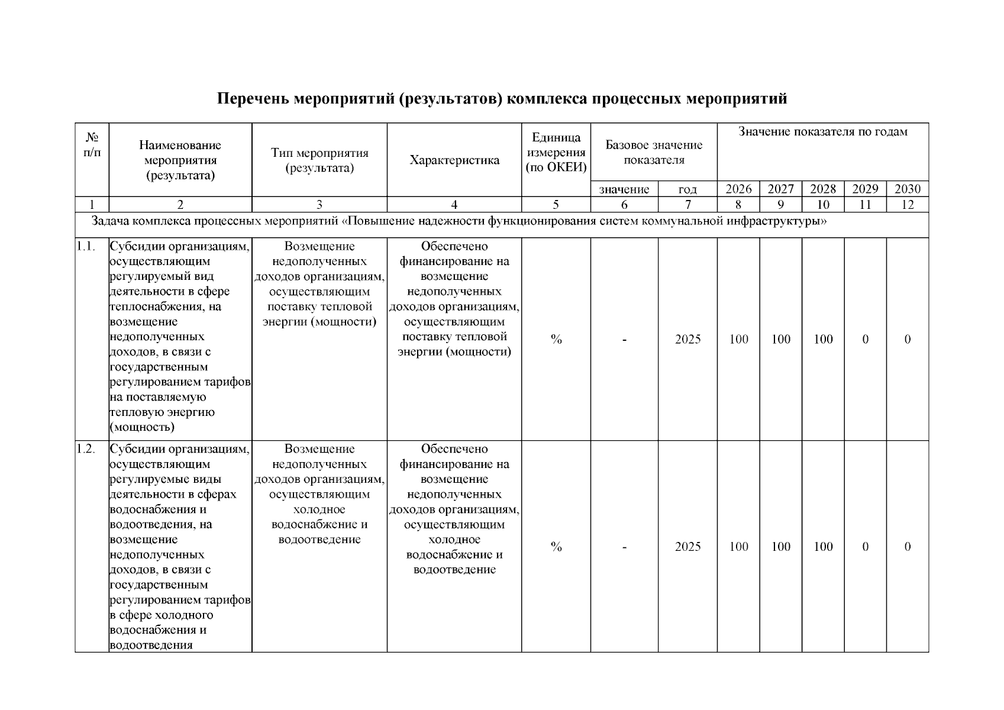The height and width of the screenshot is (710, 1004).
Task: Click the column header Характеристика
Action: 454,160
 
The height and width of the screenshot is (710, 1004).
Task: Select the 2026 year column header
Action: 738,189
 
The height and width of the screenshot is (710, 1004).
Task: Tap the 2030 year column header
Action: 907,189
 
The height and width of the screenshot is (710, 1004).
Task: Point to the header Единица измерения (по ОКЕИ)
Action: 556,153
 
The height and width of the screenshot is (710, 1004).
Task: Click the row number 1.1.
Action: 86,246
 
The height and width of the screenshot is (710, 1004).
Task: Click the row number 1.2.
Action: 86,448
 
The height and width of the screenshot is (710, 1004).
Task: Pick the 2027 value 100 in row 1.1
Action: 780,339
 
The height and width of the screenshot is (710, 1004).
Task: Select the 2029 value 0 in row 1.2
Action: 865,547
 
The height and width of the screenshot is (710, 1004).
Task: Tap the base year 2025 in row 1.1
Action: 687,339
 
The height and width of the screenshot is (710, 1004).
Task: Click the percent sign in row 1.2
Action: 556,547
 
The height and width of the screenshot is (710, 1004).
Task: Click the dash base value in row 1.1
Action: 624,340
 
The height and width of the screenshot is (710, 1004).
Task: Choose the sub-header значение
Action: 624,189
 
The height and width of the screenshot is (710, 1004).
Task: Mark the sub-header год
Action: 687,190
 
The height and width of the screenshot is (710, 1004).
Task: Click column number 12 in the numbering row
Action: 907,205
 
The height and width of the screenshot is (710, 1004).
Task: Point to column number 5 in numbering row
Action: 556,205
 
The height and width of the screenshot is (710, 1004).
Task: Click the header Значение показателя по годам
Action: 822,132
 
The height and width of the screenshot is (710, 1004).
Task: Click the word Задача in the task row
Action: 110,221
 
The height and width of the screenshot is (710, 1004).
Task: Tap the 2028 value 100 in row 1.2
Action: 823,547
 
